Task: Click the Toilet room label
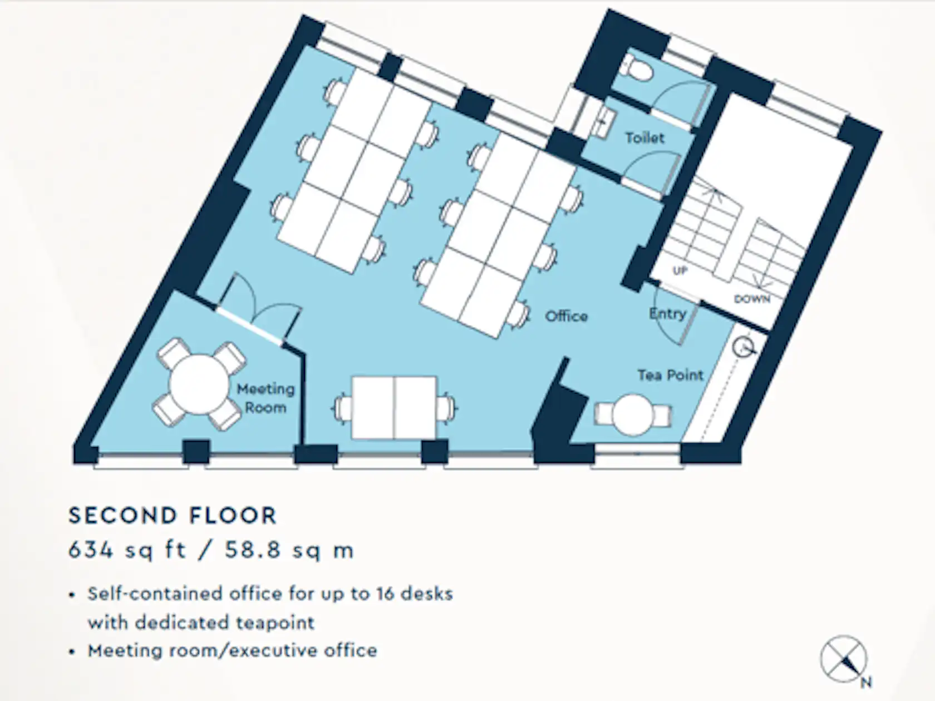[x=644, y=138]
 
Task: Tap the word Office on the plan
[x=567, y=316]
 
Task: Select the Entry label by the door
[x=667, y=314]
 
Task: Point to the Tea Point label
[x=671, y=375]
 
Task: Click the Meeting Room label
[x=265, y=398]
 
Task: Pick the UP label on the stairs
[x=680, y=271]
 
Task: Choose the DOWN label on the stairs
[x=752, y=299]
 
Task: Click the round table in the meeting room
[x=199, y=384]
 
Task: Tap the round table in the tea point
[x=633, y=415]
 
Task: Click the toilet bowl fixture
[x=637, y=68]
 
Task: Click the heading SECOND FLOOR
[x=173, y=515]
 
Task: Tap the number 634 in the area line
[x=91, y=550]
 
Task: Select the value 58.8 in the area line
[x=253, y=550]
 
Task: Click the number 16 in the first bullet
[x=385, y=594]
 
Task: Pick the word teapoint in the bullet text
[x=275, y=623]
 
